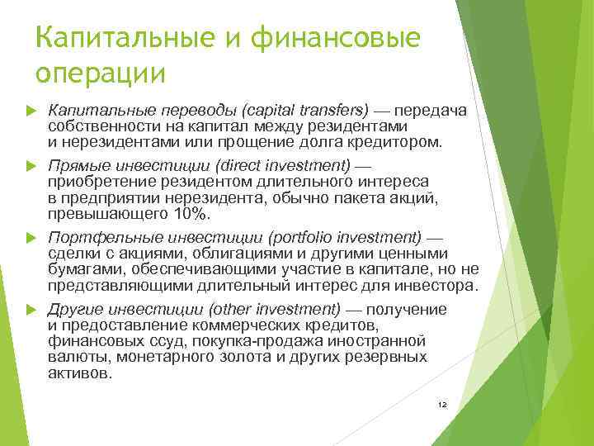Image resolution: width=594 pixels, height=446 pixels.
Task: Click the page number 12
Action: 442,405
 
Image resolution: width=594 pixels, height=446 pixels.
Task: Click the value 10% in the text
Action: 192,214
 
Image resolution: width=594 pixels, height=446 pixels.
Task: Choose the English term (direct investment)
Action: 276,166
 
